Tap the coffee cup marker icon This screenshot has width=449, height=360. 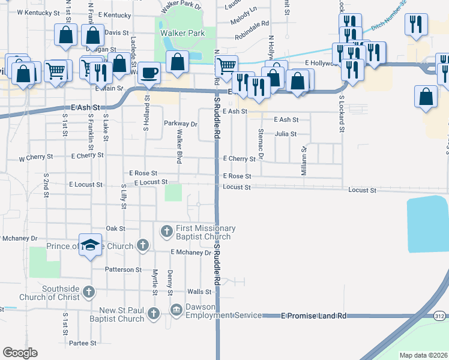149,73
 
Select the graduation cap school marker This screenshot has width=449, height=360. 90,245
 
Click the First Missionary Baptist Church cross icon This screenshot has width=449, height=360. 166,230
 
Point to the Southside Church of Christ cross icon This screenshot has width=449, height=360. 88,292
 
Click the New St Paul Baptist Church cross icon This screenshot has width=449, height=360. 153,313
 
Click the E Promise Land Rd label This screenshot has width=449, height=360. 314,316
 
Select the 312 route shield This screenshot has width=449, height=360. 439,315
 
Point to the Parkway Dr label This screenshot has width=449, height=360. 181,124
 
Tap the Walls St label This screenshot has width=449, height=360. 200,292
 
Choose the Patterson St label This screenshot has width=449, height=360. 123,270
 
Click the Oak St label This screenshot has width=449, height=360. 115,229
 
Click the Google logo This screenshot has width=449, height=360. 20,352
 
